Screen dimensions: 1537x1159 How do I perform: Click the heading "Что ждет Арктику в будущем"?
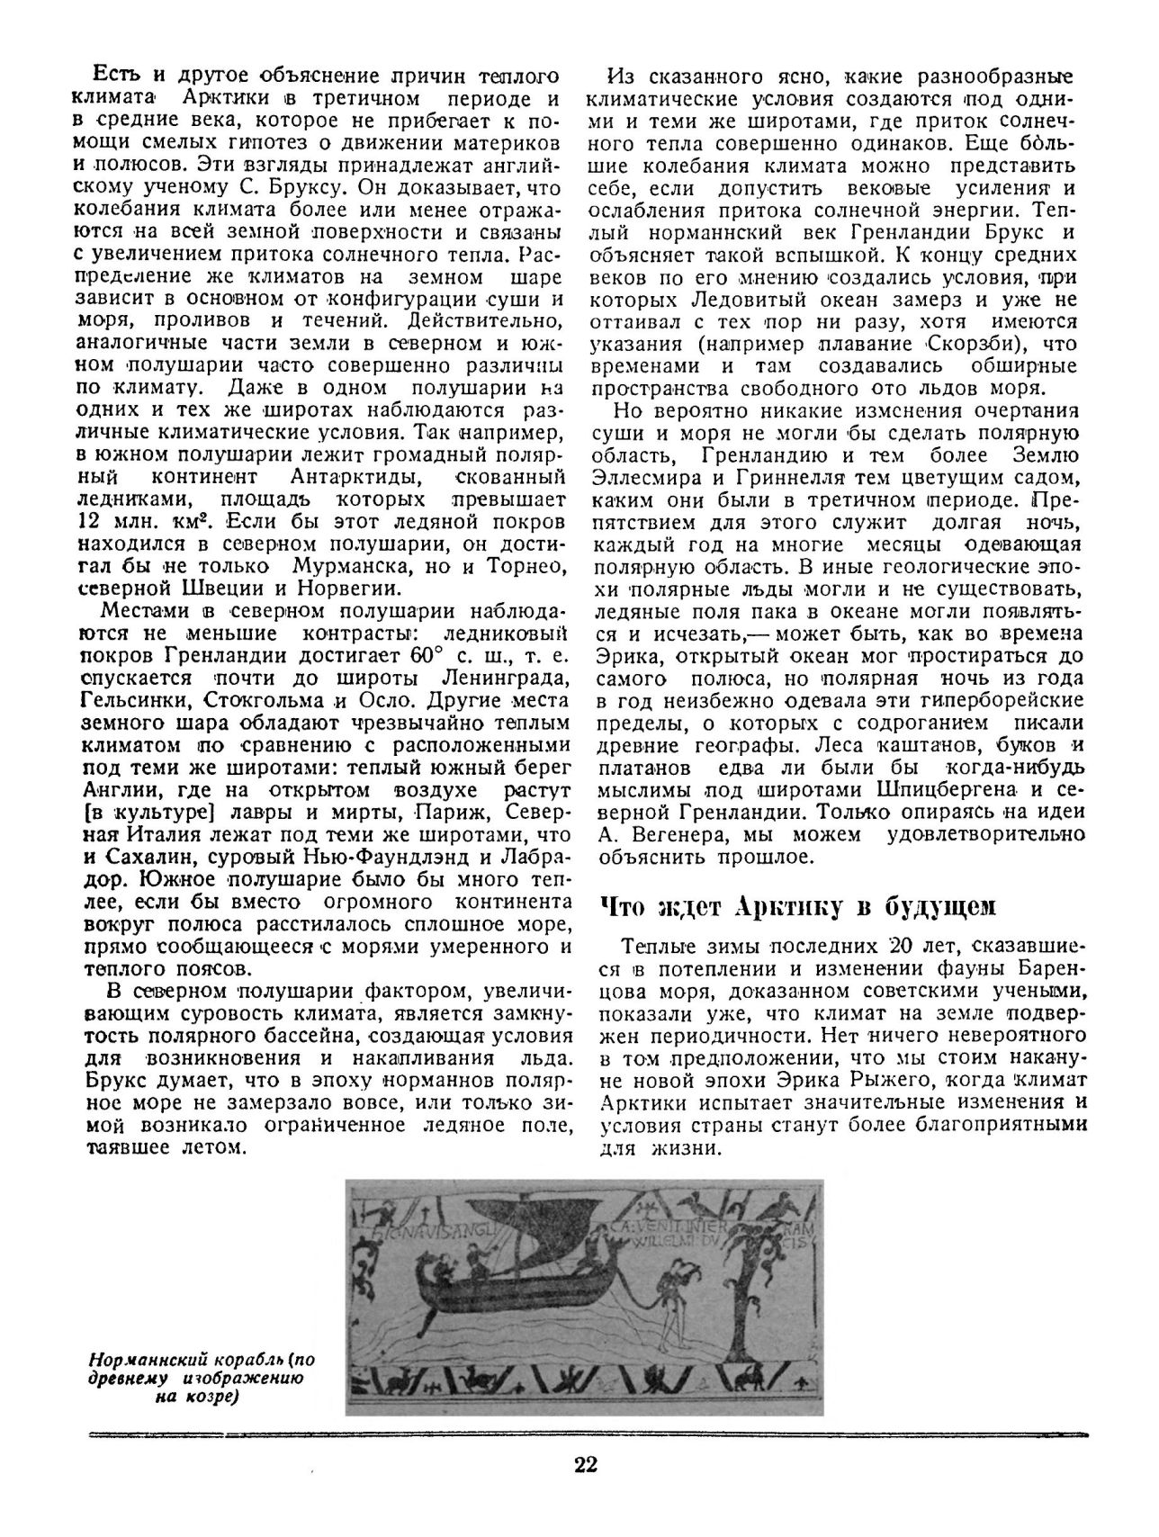797,907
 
